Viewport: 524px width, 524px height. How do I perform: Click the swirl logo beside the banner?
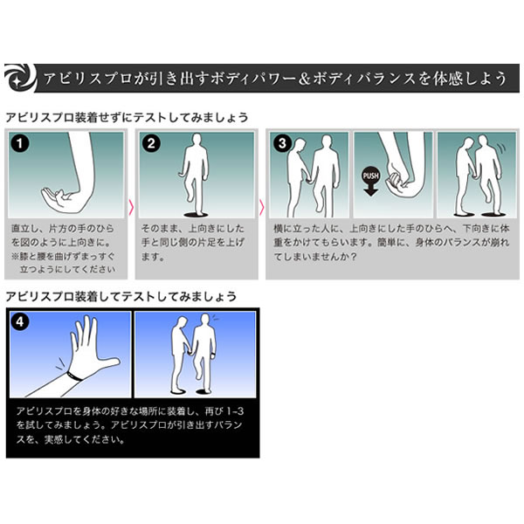pos(19,78)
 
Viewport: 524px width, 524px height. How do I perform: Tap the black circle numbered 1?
pos(20,143)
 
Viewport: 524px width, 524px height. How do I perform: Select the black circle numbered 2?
pos(151,143)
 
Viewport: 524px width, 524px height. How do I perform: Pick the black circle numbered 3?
pos(282,143)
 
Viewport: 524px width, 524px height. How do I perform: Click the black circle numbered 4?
pos(20,322)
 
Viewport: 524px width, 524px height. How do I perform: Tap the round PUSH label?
pos(370,176)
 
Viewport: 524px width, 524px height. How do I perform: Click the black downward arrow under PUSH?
pos(370,190)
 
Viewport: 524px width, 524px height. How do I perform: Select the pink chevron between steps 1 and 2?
pos(131,207)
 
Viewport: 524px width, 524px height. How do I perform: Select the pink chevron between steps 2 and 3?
pos(262,207)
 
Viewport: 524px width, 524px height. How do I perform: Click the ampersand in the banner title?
pos(305,79)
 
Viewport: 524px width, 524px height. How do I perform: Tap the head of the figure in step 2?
pos(197,141)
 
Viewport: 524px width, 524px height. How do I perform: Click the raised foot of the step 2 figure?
pos(190,197)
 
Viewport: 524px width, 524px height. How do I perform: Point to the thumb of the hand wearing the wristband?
pos(110,362)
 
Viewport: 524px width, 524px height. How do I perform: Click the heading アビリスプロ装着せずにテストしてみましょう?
pos(127,118)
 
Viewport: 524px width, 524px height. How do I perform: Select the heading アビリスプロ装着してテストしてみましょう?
pos(121,296)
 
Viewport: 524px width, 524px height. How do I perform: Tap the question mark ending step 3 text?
pos(353,257)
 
